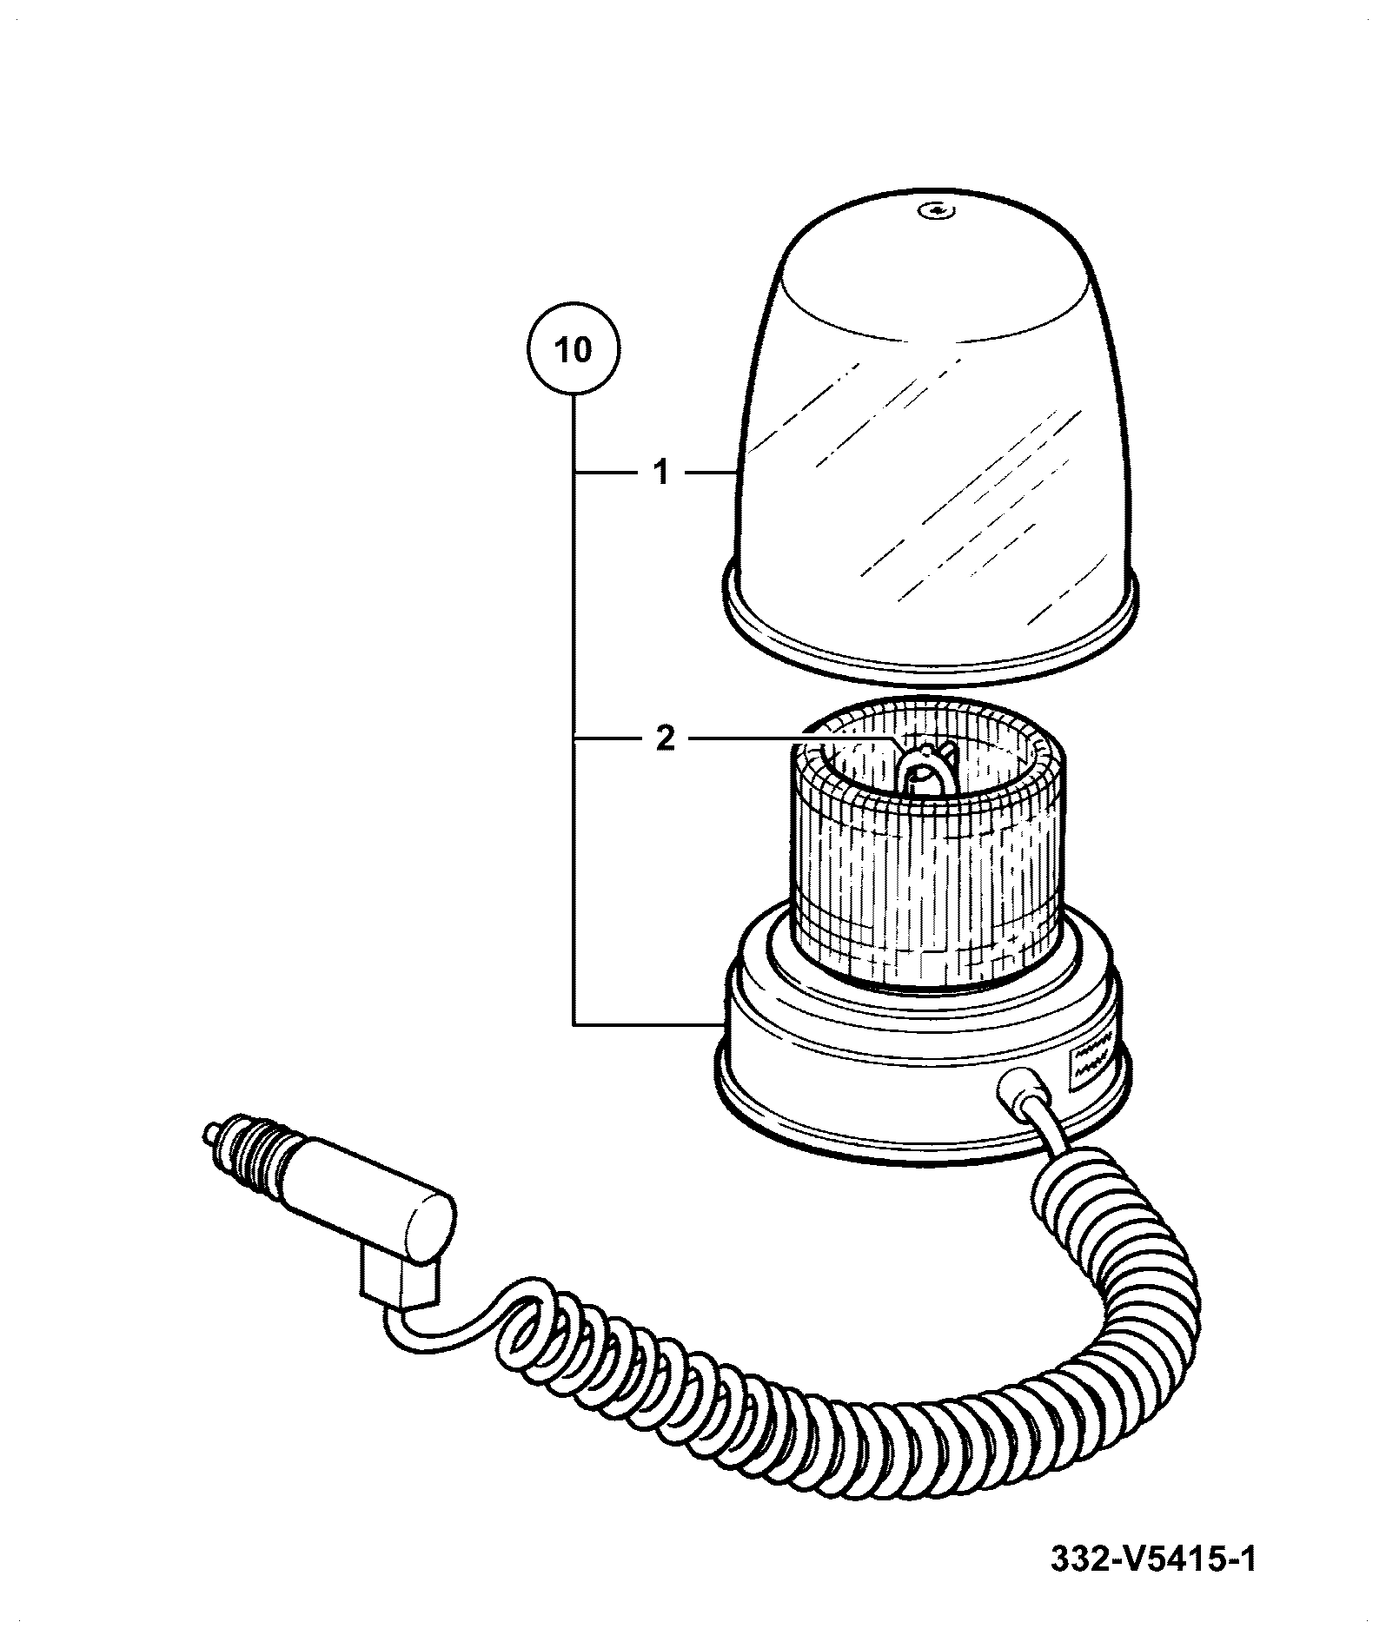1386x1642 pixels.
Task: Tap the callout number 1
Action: pos(662,473)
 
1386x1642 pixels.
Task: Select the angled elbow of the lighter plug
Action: pos(400,1294)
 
